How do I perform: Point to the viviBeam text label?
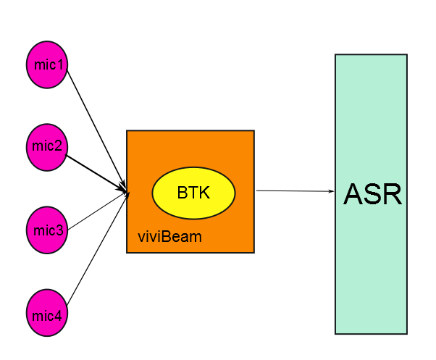[169, 237]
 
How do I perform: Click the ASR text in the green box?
[372, 194]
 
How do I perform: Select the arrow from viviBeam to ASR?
[293, 191]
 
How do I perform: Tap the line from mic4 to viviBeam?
[94, 250]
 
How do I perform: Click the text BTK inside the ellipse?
[192, 193]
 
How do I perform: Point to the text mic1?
[49, 64]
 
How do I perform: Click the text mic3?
[49, 231]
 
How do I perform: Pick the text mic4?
[49, 315]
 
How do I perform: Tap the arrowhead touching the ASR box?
[332, 191]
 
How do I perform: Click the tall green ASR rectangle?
[371, 275]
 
